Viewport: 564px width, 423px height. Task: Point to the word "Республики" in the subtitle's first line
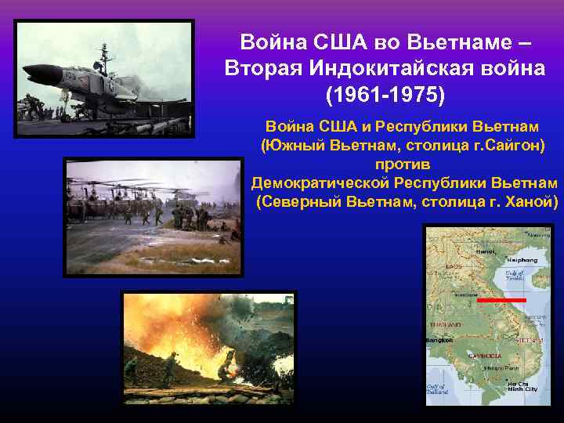tap(414, 127)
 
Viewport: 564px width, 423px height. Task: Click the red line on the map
tap(501, 300)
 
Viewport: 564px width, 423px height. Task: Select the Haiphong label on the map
tap(522, 259)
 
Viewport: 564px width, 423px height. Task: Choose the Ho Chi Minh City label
tap(522, 386)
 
